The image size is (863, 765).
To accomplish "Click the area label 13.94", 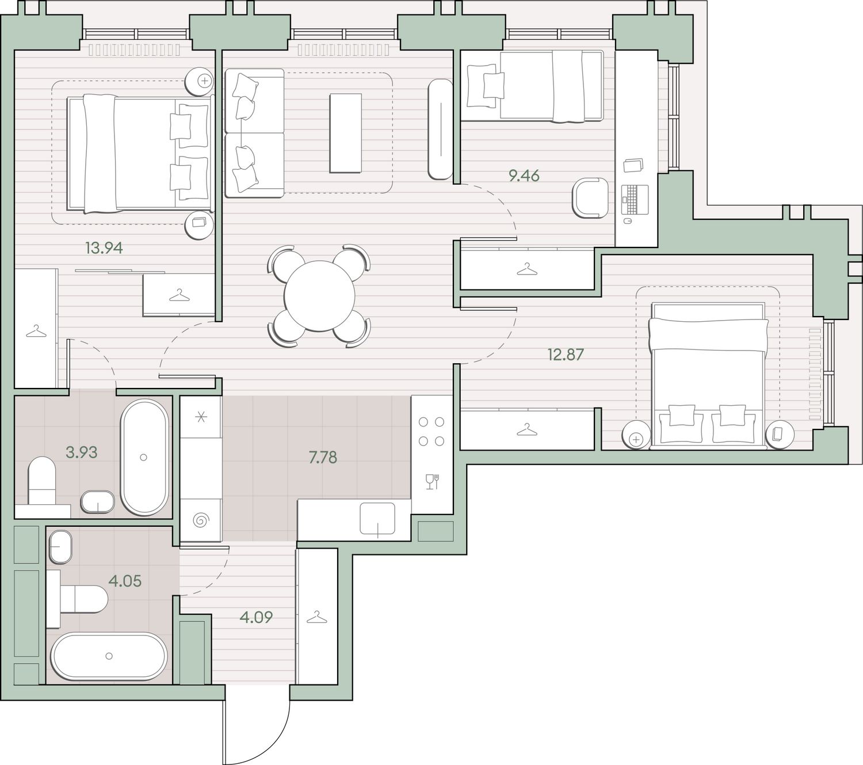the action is [104, 248].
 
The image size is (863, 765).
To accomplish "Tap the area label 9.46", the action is [524, 175].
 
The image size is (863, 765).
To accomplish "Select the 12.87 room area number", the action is [566, 354].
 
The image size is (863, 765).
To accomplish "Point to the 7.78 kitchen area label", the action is [322, 457].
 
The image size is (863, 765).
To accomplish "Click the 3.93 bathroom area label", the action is [81, 452].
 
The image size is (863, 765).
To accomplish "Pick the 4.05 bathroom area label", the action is [124, 581].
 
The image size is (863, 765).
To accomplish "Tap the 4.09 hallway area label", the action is [255, 616].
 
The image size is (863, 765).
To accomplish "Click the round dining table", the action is [319, 296].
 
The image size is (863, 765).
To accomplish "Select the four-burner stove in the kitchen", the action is [431, 431].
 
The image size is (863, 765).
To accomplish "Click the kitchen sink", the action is [377, 518].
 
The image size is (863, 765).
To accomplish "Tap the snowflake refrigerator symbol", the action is [201, 416].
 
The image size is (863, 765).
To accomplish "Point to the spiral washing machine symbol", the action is [201, 520].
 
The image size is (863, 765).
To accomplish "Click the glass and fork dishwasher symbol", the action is [432, 481].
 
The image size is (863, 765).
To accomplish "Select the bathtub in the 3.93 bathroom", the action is [144, 457].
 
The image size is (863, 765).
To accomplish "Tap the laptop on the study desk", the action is [635, 200].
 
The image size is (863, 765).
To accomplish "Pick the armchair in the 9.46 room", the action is [590, 198].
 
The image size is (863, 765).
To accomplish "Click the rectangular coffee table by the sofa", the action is [345, 133].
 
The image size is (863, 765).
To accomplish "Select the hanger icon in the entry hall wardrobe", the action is [316, 616].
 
